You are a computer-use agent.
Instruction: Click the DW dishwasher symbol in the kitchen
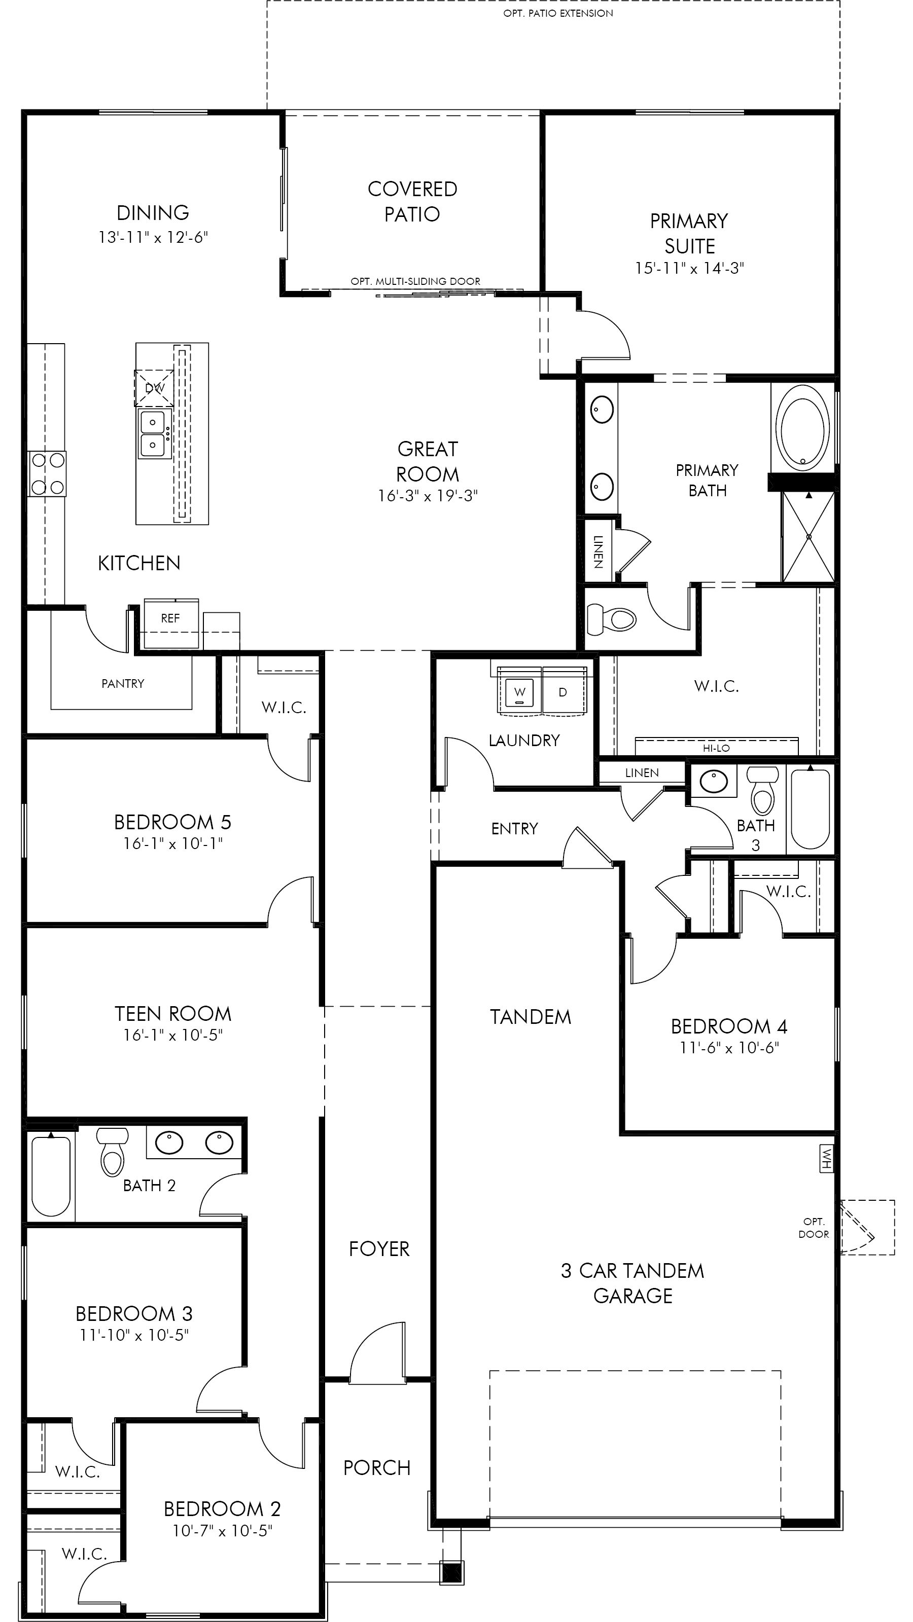(x=154, y=388)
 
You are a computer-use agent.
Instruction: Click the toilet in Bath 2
(x=112, y=1152)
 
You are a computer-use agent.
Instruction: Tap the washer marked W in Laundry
(x=519, y=692)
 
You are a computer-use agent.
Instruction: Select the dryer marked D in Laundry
(x=564, y=692)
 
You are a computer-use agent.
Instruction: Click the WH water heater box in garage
(x=827, y=1158)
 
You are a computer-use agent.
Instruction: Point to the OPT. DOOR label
(x=814, y=1228)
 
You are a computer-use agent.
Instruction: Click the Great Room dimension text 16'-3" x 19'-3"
(x=428, y=496)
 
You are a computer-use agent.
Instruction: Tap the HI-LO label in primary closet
(x=716, y=748)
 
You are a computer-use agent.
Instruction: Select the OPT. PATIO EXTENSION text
(x=557, y=13)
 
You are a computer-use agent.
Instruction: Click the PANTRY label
(x=123, y=683)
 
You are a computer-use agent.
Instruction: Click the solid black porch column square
(x=452, y=1572)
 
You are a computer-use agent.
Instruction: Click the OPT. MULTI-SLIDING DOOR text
(x=415, y=281)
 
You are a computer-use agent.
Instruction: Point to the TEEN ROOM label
(x=173, y=1014)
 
